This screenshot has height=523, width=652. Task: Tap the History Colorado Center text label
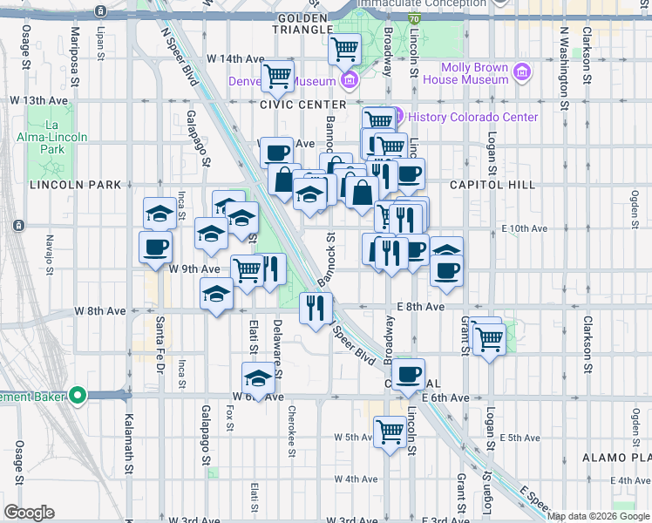[472, 117]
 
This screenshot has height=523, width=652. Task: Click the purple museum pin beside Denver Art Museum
[350, 81]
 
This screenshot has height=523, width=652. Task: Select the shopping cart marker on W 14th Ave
[278, 76]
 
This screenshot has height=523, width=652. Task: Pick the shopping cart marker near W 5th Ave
[390, 431]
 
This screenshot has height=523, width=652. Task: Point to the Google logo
[29, 513]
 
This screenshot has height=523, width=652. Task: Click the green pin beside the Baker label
[78, 397]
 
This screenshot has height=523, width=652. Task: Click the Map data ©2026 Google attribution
[598, 516]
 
